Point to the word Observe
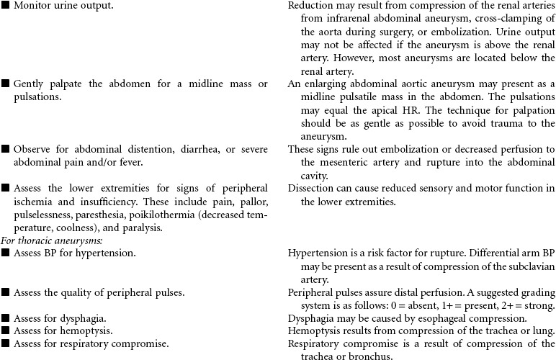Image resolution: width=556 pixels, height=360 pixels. [x=33, y=149]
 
